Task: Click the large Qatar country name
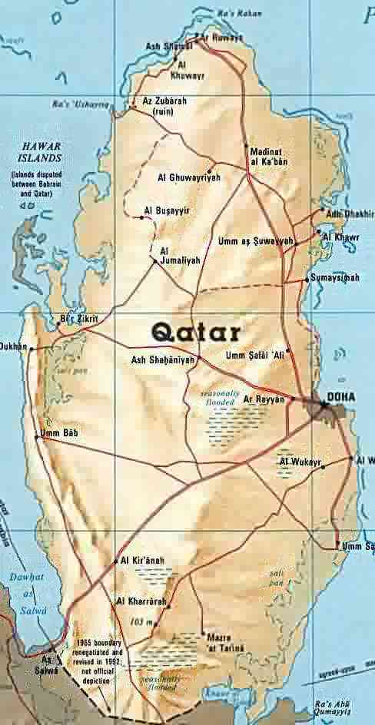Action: pos(195,332)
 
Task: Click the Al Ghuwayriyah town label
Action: pos(189,177)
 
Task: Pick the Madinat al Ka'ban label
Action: pos(268,157)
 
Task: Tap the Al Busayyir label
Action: pos(167,210)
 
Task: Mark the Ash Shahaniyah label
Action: pos(164,359)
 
